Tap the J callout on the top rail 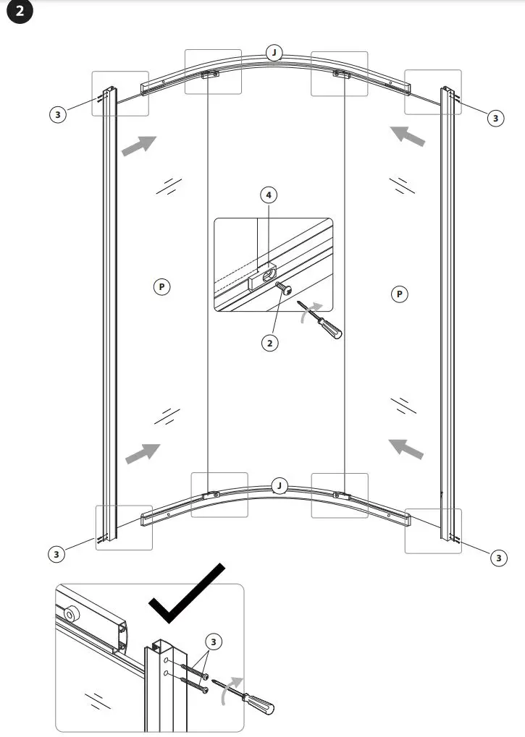pyautogui.click(x=274, y=53)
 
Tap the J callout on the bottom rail pyautogui.click(x=280, y=485)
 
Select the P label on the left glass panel pyautogui.click(x=161, y=287)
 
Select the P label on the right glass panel pyautogui.click(x=398, y=294)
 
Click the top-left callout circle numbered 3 pyautogui.click(x=59, y=114)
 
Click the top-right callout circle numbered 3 pyautogui.click(x=495, y=117)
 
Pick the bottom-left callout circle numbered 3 pyautogui.click(x=56, y=554)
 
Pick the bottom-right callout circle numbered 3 pyautogui.click(x=498, y=557)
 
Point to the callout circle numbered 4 pyautogui.click(x=269, y=195)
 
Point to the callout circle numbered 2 pyautogui.click(x=269, y=343)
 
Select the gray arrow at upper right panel pyautogui.click(x=407, y=136)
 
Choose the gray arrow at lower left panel pyautogui.click(x=142, y=453)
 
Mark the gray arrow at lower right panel pyautogui.click(x=406, y=448)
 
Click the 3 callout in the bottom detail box pyautogui.click(x=213, y=641)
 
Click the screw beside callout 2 pyautogui.click(x=285, y=289)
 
